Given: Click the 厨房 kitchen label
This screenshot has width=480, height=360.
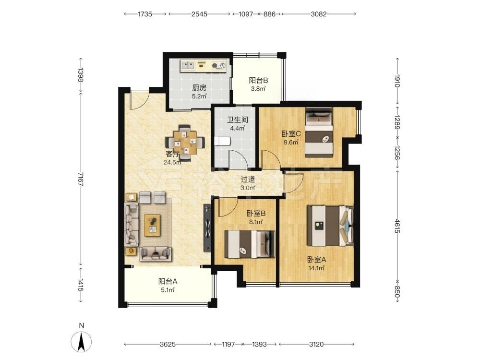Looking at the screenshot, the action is point(199,88).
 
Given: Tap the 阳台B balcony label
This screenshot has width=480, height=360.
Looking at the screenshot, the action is point(258,81).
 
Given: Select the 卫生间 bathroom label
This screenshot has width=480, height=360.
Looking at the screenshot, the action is point(237,120).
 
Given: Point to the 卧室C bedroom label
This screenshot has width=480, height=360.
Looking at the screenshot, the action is point(291,134).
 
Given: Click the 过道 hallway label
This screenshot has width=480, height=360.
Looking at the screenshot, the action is point(248,180).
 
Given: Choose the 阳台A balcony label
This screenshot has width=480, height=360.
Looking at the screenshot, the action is point(168,281).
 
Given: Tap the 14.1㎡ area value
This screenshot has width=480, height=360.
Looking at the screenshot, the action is point(316,268).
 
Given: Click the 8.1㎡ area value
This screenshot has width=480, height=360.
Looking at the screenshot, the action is point(256,222).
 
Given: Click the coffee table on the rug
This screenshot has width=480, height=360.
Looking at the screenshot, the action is point(153,225).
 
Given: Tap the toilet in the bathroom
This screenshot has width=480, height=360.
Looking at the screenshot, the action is point(222,141).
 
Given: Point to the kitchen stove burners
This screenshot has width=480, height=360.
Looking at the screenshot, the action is point(218,65).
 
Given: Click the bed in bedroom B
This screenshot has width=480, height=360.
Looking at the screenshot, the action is point(250,244).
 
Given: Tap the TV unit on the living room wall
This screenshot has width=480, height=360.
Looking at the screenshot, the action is point(207,228).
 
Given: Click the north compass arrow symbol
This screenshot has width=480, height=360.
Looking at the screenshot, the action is point(81,342).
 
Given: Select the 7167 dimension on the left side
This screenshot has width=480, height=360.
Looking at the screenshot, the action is point(81,179).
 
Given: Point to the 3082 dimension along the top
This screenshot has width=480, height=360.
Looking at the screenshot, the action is point(319,14).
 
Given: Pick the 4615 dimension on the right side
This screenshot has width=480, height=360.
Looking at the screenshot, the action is point(397,226).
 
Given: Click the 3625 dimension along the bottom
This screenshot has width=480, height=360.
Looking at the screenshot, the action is point(168,344).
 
